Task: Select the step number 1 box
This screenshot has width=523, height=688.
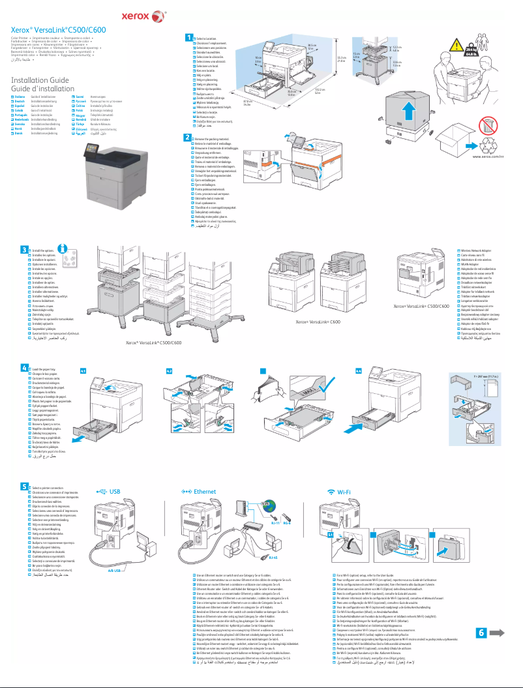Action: pyautogui.click(x=188, y=38)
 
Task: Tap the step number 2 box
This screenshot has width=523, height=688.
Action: pyautogui.click(x=188, y=137)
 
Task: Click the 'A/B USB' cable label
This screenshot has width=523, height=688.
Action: pyautogui.click(x=109, y=569)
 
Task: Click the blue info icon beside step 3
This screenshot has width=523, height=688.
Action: pyautogui.click(x=63, y=248)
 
